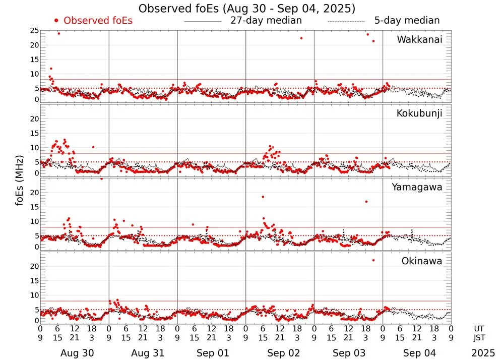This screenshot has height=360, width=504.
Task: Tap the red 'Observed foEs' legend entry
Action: (93, 21)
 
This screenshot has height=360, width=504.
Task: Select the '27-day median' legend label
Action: (266, 21)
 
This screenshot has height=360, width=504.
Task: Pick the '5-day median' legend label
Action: (407, 21)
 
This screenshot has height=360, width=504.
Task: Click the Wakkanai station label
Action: (419, 39)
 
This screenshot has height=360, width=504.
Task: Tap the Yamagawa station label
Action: (417, 187)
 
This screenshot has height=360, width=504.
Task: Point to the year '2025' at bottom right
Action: (483, 353)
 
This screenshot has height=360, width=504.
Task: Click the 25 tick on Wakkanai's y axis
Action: (35, 31)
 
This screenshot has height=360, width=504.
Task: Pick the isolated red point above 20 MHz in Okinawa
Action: (373, 260)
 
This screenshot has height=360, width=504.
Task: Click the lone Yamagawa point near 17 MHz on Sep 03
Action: (366, 202)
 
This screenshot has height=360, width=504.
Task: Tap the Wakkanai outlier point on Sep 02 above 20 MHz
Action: (301, 38)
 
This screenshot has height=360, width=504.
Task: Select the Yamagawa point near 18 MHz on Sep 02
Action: (263, 197)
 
